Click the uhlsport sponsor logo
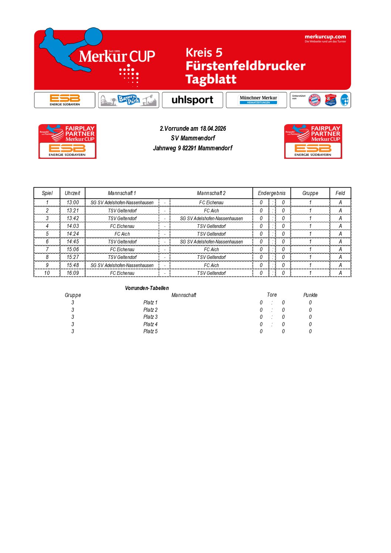192,100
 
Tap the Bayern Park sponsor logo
128,100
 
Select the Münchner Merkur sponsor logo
258,100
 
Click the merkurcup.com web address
325,37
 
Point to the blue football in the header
93,37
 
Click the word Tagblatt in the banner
211,79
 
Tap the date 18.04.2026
213,129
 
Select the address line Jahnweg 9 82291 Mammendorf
193,148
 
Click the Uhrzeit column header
72,193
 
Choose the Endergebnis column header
272,193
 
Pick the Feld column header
340,193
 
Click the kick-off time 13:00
72,202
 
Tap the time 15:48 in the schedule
72,265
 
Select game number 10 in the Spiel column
47,273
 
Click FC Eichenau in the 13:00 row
211,202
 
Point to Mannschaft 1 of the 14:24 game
122,234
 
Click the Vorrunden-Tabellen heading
147,288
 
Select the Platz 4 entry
150,324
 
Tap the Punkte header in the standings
310,295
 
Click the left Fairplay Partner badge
67,141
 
